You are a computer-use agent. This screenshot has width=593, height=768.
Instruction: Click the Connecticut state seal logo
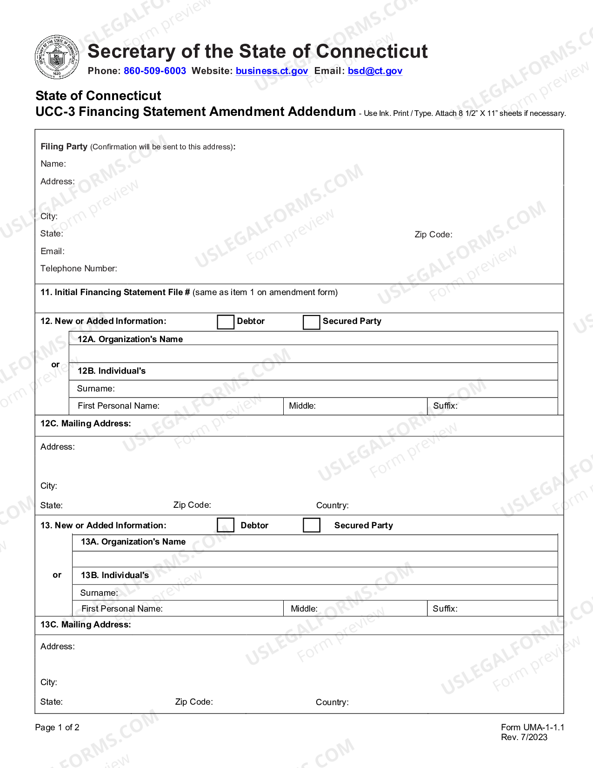click(x=57, y=57)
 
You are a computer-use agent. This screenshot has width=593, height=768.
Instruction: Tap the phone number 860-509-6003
click(x=154, y=71)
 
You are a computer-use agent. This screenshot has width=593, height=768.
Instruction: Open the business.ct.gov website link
click(x=272, y=71)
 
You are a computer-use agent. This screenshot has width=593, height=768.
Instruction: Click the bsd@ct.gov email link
click(x=375, y=71)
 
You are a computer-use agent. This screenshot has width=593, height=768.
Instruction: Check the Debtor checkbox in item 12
click(x=226, y=322)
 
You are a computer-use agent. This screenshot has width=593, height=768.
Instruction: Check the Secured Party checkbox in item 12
click(x=311, y=322)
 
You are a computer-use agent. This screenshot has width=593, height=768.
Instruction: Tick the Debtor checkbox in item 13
click(x=226, y=525)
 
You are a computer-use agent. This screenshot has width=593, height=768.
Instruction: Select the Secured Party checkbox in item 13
click(x=311, y=525)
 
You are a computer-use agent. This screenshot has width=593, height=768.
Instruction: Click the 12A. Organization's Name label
click(x=130, y=339)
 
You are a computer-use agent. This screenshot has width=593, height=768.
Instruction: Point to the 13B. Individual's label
click(x=115, y=575)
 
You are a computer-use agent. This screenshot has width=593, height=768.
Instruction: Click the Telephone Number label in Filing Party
click(x=79, y=269)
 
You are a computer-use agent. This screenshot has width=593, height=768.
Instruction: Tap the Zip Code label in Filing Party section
click(x=433, y=235)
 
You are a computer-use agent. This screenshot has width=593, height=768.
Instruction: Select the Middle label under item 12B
click(x=302, y=406)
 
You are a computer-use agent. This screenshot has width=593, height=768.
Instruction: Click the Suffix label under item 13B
click(x=445, y=609)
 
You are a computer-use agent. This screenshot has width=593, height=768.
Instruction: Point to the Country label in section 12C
click(x=332, y=505)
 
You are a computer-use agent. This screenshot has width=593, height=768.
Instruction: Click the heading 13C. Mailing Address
click(x=86, y=625)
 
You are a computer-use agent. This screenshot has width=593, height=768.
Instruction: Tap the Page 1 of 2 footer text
click(x=57, y=728)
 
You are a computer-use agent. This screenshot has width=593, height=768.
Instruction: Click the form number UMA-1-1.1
click(x=533, y=728)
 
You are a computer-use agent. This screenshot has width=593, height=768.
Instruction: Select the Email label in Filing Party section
click(x=53, y=251)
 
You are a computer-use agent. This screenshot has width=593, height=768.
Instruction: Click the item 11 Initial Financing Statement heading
click(x=115, y=292)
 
